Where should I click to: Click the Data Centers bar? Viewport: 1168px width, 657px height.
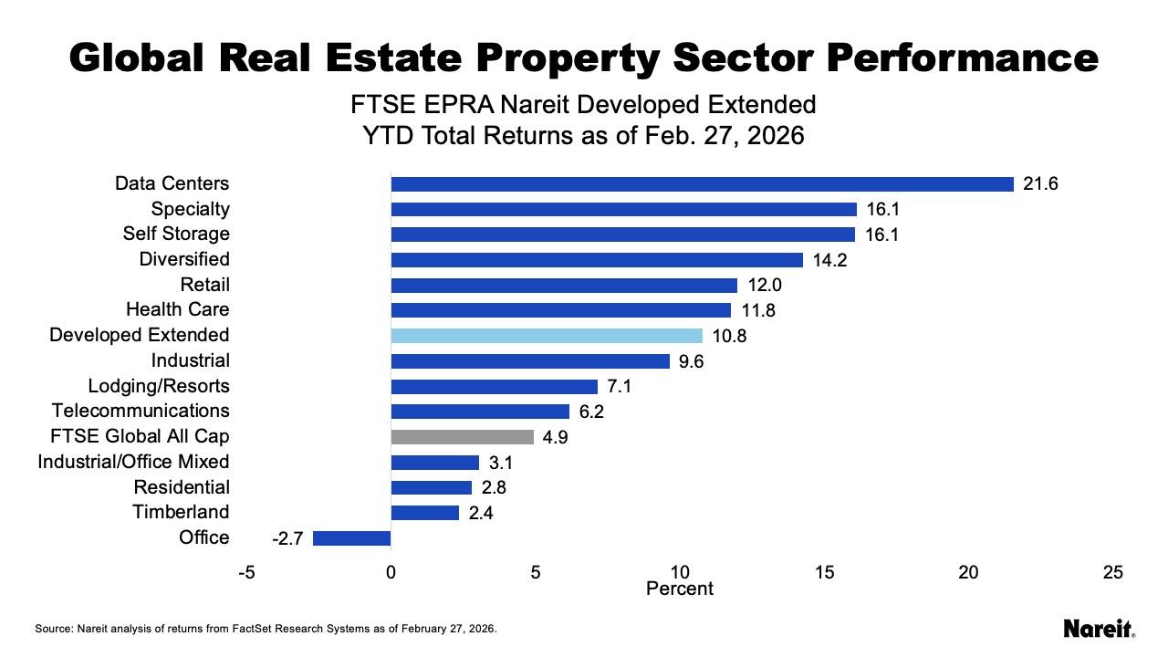[x=702, y=184]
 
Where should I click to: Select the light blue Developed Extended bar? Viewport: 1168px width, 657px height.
[x=547, y=336]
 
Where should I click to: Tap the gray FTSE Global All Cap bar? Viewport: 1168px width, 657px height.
[x=462, y=437]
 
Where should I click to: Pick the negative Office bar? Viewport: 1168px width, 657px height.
[x=351, y=538]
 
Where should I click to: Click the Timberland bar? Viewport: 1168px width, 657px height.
[x=424, y=513]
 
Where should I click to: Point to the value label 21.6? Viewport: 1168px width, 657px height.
[x=1040, y=184]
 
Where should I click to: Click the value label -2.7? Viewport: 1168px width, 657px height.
[x=287, y=539]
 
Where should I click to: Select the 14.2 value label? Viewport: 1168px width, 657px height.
[x=829, y=261]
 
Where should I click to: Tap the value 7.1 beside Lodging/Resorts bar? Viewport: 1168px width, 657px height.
[x=620, y=387]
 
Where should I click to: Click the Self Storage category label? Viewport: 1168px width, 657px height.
[x=176, y=235]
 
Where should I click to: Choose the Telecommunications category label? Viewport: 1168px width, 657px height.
[x=141, y=412]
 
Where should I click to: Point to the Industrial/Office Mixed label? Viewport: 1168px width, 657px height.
[x=133, y=462]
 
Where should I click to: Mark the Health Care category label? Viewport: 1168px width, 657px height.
[x=178, y=310]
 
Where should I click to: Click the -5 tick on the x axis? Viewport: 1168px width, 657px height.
[x=246, y=573]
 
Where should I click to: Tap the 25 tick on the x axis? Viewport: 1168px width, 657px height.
[x=1112, y=573]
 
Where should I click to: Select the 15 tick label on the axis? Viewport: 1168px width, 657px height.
[x=824, y=573]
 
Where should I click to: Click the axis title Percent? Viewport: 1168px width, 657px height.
[x=679, y=589]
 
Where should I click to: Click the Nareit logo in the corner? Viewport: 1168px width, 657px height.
[x=1099, y=629]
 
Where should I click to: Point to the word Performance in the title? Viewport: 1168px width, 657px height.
[x=963, y=58]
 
